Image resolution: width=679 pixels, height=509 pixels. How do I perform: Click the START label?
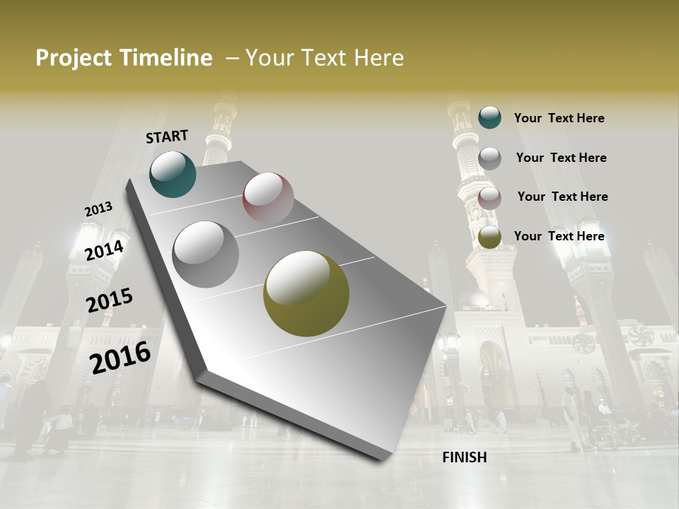pyautogui.click(x=167, y=136)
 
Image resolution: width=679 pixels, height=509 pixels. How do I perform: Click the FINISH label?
pyautogui.click(x=464, y=457)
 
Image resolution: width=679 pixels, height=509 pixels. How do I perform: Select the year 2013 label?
pyautogui.click(x=98, y=209)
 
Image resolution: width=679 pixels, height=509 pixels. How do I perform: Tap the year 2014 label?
pyautogui.click(x=104, y=250)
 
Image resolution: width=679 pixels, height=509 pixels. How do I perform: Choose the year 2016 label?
pyautogui.click(x=120, y=358)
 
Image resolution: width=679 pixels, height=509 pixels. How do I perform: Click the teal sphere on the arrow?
pyautogui.click(x=173, y=174)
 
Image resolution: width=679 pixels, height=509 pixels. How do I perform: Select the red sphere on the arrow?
pyautogui.click(x=268, y=198)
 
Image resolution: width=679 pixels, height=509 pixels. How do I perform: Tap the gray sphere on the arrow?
pyautogui.click(x=205, y=254)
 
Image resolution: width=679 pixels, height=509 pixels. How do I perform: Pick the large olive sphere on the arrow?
pyautogui.click(x=306, y=293)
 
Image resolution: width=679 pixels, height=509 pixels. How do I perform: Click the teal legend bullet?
pyautogui.click(x=489, y=117)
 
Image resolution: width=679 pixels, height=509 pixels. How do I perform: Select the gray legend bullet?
pyautogui.click(x=489, y=158)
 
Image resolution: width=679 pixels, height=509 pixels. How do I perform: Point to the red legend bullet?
pyautogui.click(x=489, y=198)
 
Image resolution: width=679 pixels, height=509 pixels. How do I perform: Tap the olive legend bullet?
pyautogui.click(x=489, y=238)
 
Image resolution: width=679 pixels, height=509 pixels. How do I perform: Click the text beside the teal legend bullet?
pyautogui.click(x=559, y=118)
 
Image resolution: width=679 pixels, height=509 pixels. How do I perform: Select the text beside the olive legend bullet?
pyautogui.click(x=559, y=236)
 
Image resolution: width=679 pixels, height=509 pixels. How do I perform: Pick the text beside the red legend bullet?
pyautogui.click(x=562, y=197)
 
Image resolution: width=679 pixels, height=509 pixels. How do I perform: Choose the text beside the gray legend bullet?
pyautogui.click(x=561, y=158)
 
